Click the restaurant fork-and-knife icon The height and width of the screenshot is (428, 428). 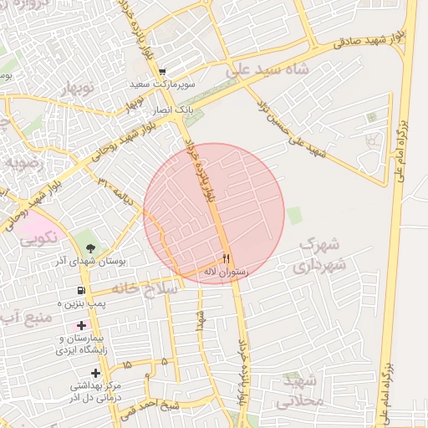(226, 257)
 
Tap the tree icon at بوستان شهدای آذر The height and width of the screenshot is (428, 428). (89, 247)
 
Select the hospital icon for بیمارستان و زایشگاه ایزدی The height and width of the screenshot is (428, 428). (81, 324)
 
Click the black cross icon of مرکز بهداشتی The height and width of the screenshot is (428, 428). (95, 373)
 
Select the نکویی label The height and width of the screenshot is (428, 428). (38, 237)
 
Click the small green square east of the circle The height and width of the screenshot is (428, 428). (294, 215)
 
